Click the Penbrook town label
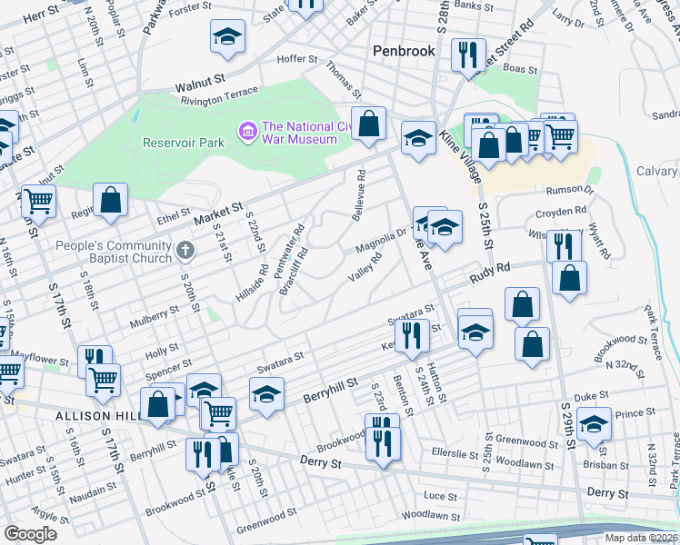click(405, 52)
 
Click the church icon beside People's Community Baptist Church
click(185, 249)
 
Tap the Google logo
click(31, 534)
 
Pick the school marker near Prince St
click(594, 425)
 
